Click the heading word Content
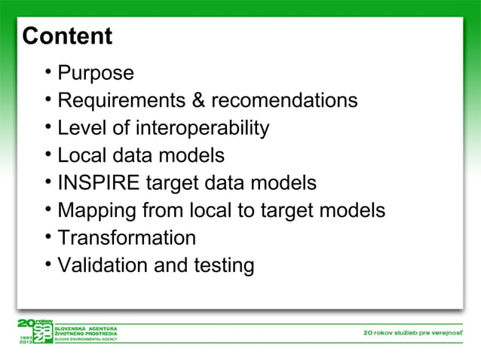[67, 36]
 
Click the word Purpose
[96, 74]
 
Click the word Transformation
[127, 238]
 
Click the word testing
[223, 266]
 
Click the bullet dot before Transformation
[47, 238]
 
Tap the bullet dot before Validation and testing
[47, 265]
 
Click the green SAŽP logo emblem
[38, 332]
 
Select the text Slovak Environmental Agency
[90, 340]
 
